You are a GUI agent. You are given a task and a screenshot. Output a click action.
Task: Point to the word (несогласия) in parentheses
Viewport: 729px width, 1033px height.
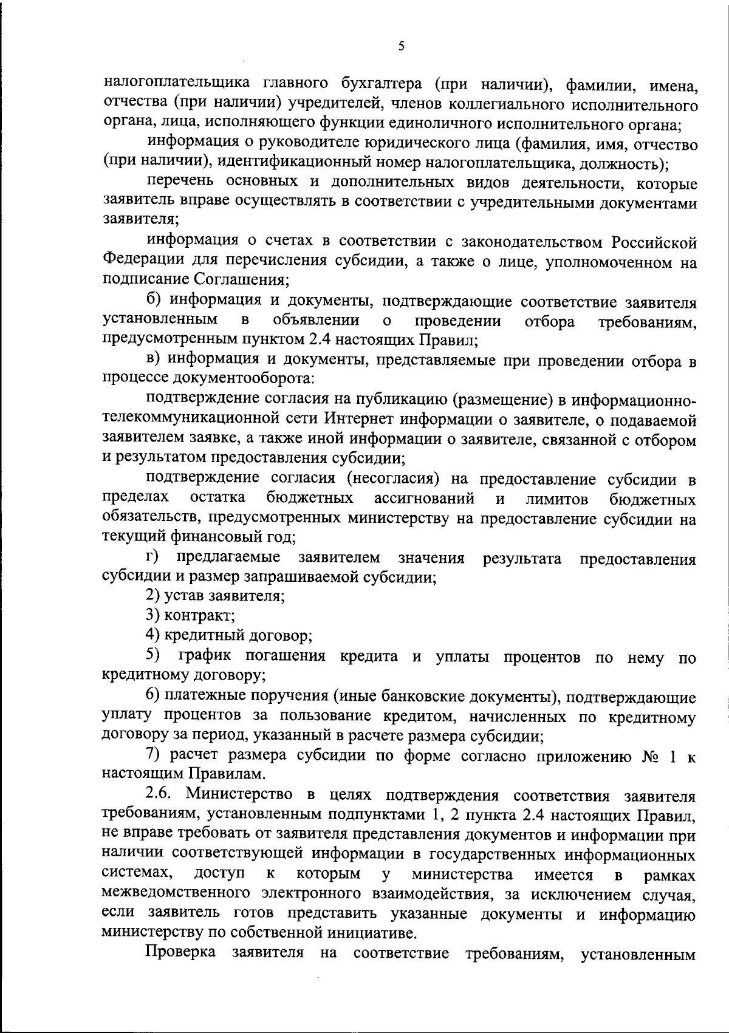(393, 479)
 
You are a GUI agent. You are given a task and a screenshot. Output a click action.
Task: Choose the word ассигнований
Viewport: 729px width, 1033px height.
(424, 499)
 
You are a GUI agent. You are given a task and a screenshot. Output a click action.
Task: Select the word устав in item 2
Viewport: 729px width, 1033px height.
(185, 596)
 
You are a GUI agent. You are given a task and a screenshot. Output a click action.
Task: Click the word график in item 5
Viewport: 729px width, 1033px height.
(206, 656)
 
